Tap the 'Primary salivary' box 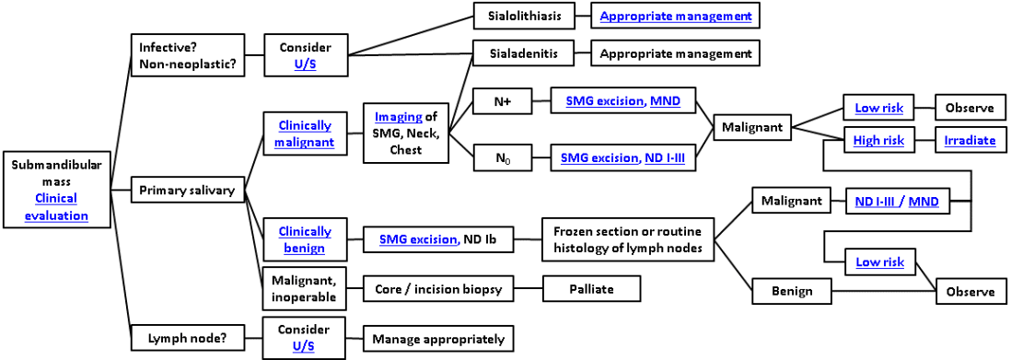pos(188,192)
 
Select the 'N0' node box pos(502,158)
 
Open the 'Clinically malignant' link pos(305,134)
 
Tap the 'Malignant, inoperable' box pos(305,288)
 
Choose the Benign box pos(791,291)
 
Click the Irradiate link pos(969,141)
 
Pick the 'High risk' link pos(879,141)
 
